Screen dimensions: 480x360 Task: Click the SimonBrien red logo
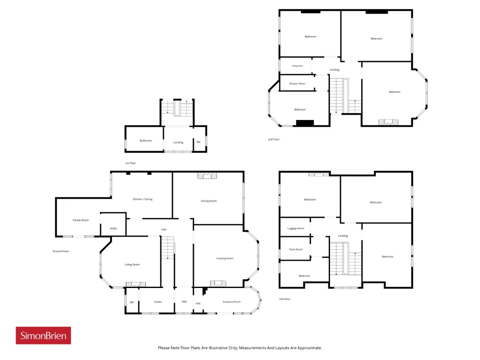[43, 335]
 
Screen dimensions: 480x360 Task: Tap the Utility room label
[113, 228]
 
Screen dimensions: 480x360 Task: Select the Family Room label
[81, 220]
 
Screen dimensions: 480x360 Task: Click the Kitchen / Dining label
[142, 199]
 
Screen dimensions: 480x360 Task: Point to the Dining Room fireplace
[207, 175]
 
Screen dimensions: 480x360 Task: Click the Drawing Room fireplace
[218, 283]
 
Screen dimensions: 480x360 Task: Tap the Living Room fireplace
[136, 284]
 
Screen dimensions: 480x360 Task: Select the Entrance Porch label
[231, 302]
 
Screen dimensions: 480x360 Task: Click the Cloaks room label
[157, 302]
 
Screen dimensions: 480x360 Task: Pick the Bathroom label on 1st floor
[145, 141]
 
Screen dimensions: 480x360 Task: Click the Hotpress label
[297, 66]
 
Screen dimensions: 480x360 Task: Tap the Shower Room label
[297, 84]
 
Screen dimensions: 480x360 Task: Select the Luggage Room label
[295, 228]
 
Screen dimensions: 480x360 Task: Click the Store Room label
[295, 249]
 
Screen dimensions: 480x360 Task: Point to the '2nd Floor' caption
[274, 139]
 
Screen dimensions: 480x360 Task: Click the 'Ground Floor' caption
[61, 251]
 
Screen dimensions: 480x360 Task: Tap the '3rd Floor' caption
[285, 299]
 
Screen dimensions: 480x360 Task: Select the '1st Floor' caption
[130, 163]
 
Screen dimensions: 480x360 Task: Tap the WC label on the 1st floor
[198, 142]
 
